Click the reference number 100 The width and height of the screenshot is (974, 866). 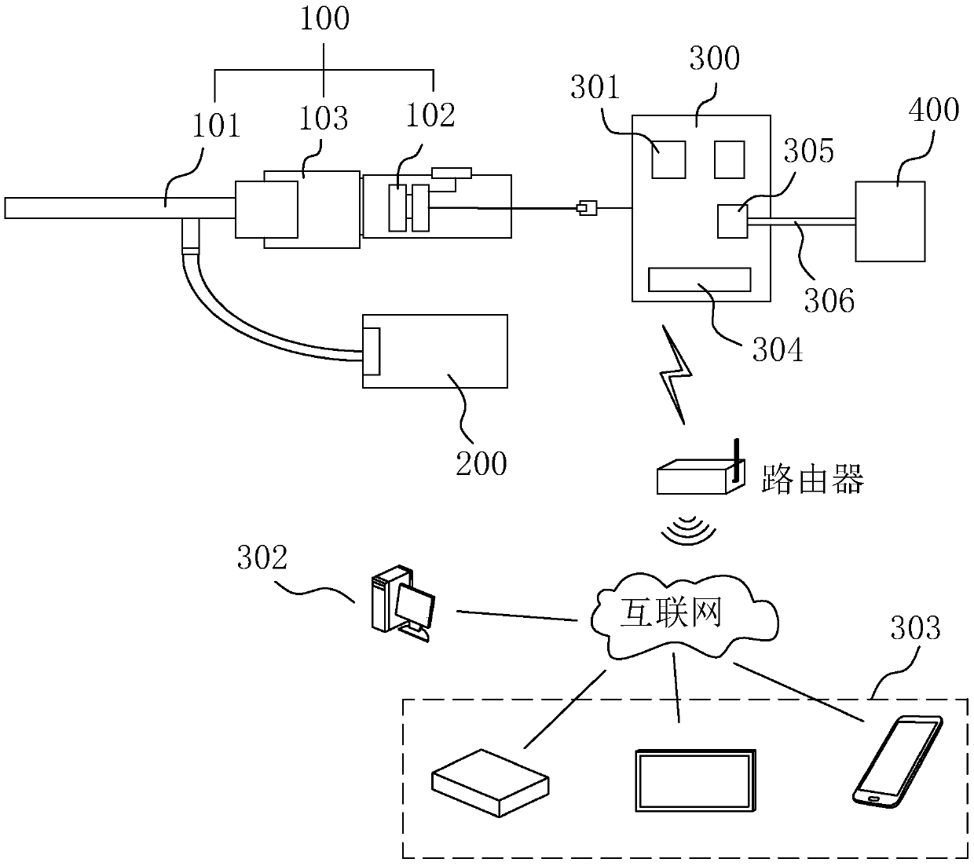click(324, 19)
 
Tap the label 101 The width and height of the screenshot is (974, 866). click(216, 126)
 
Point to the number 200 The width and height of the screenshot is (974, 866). click(482, 464)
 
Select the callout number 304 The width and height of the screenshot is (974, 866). click(778, 349)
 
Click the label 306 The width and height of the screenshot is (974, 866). click(829, 301)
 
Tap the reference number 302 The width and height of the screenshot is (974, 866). click(262, 557)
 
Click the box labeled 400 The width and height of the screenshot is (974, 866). click(890, 221)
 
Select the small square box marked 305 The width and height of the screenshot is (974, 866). click(732, 221)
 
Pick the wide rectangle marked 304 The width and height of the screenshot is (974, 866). click(700, 280)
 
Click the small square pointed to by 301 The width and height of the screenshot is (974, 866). click(668, 159)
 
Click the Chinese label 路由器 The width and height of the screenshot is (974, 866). click(812, 479)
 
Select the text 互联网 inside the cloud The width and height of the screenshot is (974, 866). click(671, 612)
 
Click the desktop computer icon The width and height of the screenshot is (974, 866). click(403, 604)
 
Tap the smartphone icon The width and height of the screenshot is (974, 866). click(898, 762)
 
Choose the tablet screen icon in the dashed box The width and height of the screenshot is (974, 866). click(696, 781)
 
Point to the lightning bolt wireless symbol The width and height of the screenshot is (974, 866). click(677, 375)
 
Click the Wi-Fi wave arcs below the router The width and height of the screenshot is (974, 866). click(688, 530)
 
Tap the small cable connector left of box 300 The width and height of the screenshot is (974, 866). click(587, 208)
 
